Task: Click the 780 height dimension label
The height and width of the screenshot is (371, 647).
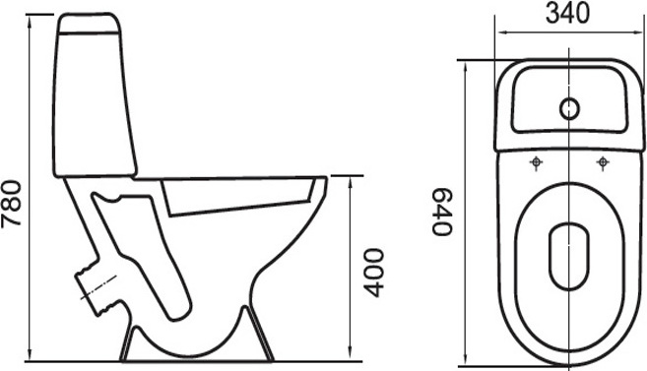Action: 11,204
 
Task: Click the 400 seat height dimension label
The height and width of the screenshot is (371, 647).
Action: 375,273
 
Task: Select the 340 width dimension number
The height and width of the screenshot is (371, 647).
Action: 568,14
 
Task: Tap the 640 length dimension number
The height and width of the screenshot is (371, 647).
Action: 442,212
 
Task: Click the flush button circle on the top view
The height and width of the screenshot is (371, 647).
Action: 569,109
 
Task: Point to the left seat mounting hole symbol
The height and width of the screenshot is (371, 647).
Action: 536,162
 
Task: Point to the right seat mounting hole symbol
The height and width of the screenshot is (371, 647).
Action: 603,162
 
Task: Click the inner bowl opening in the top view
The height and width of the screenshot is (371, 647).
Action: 569,257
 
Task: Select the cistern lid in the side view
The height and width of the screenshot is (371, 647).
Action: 90,23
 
